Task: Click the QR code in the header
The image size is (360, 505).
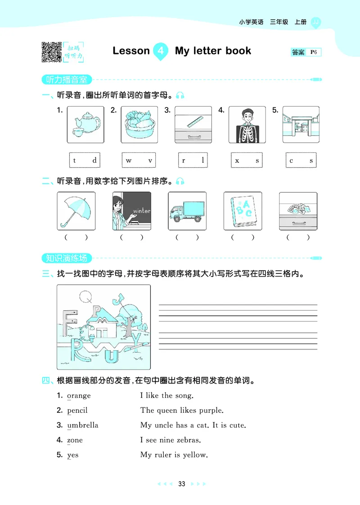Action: [x=51, y=51]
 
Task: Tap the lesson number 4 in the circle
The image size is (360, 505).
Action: [x=160, y=51]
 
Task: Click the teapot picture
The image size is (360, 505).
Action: [x=85, y=125]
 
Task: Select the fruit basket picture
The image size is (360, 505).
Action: [x=139, y=125]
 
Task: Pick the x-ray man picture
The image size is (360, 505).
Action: [x=247, y=125]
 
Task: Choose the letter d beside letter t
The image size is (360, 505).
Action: [x=94, y=161]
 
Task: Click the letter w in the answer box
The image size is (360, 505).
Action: [x=129, y=161]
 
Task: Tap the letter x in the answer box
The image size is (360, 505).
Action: [x=237, y=161]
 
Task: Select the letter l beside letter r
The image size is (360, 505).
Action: [x=203, y=161]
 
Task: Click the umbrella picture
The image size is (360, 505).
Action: [x=76, y=211]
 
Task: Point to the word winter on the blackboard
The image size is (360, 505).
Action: [x=142, y=210]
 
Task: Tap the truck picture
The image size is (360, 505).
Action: [x=187, y=211]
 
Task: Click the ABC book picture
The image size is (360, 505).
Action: [x=243, y=211]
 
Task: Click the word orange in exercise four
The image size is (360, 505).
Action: [x=79, y=396]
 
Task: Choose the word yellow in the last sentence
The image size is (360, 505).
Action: [x=194, y=455]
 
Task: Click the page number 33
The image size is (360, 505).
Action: [x=182, y=484]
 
